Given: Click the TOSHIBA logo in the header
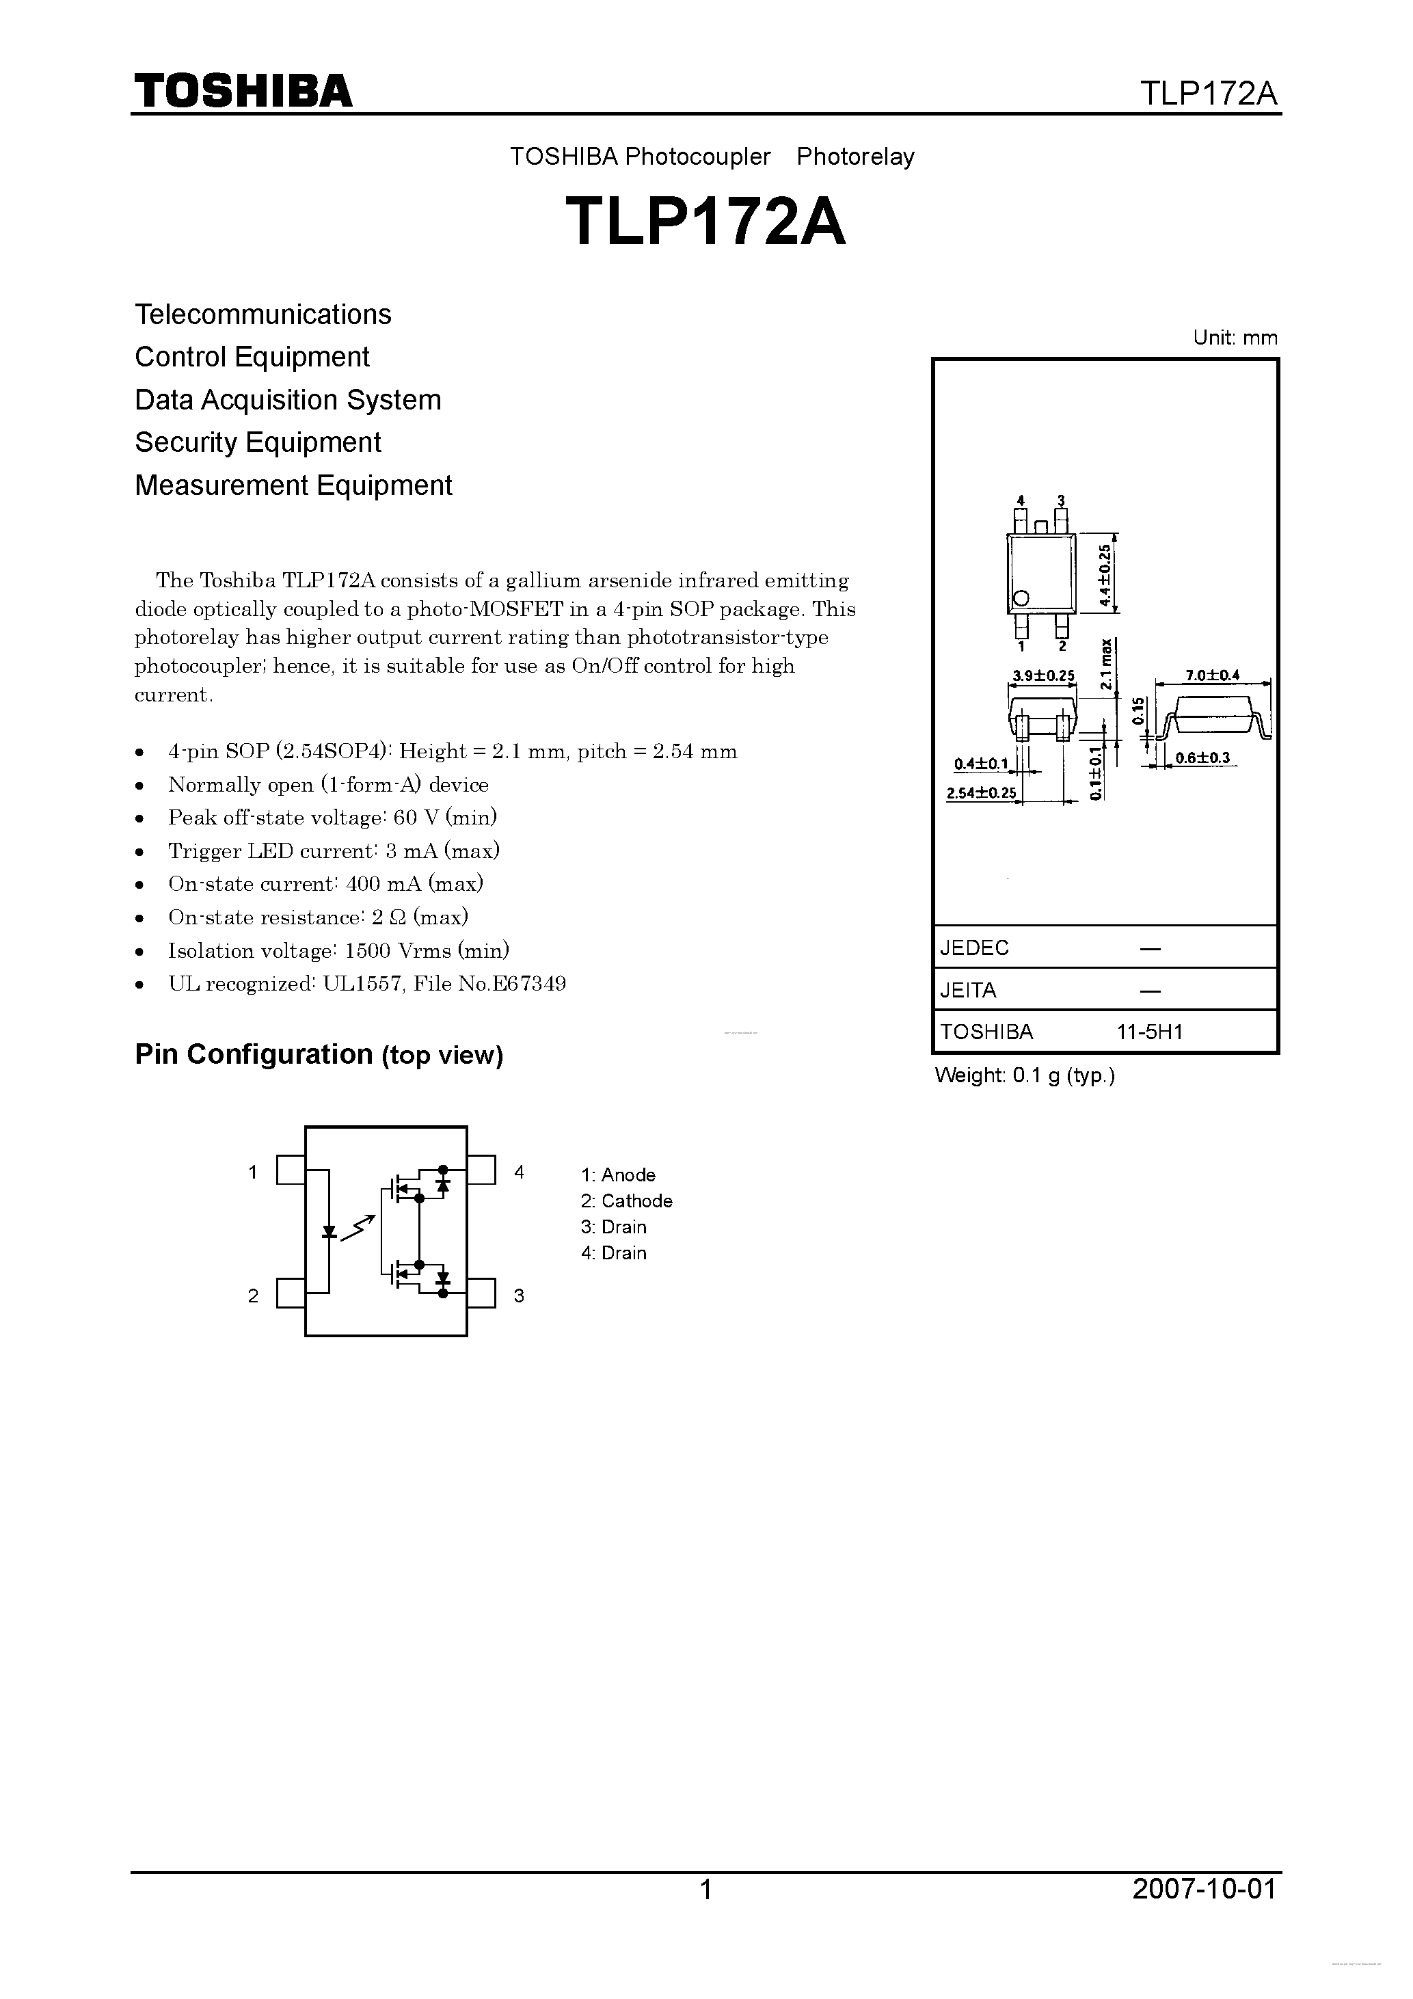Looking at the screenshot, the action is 243,92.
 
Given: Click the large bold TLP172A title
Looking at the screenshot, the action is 705,222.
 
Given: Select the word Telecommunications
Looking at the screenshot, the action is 263,314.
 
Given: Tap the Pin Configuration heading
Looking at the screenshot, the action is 319,1054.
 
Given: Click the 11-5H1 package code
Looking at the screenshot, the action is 1150,1032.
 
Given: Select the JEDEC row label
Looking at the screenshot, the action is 974,948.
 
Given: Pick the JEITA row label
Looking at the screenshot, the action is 968,990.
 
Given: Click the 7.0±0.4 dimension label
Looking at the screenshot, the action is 1212,675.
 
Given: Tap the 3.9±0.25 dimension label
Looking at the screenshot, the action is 1043,675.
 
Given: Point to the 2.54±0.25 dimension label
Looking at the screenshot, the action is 981,792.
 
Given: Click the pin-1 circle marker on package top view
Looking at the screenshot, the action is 1022,598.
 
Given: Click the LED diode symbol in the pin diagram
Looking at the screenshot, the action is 329,1232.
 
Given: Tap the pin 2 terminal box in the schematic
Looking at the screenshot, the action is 291,1293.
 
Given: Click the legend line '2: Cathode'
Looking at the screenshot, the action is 627,1200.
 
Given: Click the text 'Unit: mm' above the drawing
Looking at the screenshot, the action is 1235,338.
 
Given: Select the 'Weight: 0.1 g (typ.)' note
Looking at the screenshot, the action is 1025,1075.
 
